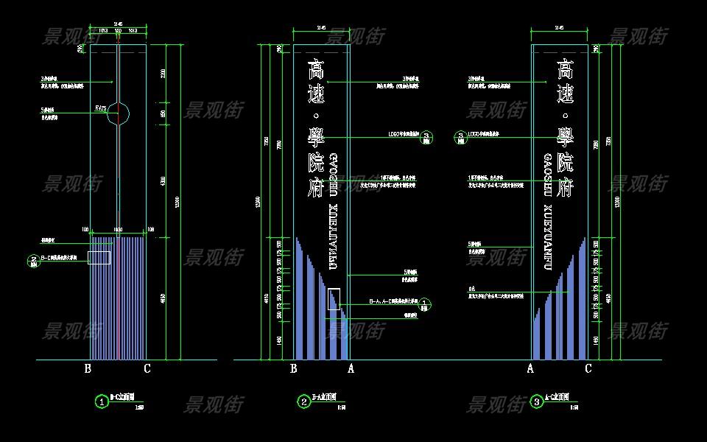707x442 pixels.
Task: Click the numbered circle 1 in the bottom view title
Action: point(102,401)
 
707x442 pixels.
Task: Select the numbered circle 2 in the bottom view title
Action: point(304,401)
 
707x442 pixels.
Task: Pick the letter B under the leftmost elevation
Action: point(88,368)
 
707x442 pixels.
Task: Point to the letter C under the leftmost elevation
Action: point(147,368)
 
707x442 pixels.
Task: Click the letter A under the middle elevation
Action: point(351,368)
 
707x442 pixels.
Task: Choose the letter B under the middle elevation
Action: point(294,368)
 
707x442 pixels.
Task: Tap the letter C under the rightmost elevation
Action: point(588,368)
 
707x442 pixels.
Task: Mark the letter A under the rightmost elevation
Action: point(530,368)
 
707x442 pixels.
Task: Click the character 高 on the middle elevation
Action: point(316,71)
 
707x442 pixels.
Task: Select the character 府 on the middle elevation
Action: point(316,188)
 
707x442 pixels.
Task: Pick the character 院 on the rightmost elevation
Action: point(565,162)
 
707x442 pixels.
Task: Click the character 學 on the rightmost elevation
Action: point(565,136)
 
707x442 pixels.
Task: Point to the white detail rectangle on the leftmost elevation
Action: point(99,258)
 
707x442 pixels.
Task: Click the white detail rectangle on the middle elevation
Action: point(334,299)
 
